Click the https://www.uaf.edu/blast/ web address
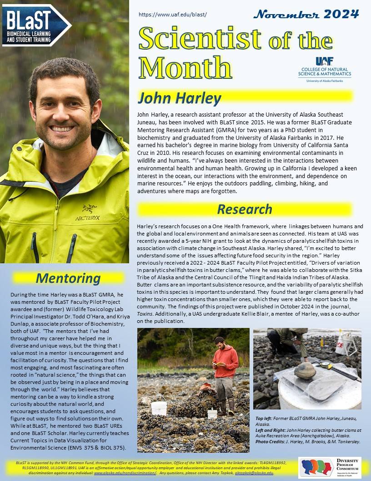point(172,15)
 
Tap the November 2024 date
point(306,14)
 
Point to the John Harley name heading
point(180,98)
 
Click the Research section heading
point(245,209)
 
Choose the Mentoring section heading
point(68,278)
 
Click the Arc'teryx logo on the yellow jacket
point(90,213)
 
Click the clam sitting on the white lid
point(305,370)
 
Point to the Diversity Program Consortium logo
point(330,467)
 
